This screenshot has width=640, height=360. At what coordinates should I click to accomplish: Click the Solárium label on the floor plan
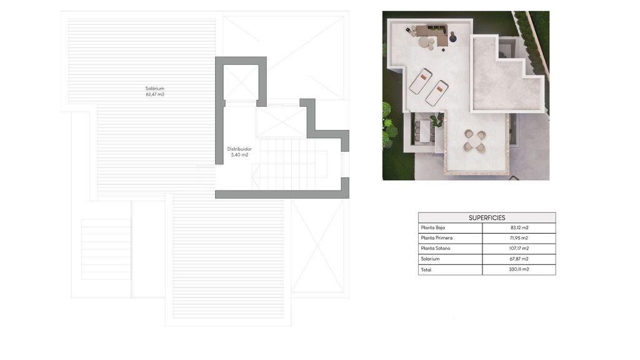coord(155,89)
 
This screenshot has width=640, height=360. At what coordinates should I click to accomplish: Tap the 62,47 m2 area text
coord(155,94)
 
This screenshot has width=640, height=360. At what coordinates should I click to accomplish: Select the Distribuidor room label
coord(239,149)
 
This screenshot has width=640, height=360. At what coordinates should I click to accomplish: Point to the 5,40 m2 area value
coord(239,155)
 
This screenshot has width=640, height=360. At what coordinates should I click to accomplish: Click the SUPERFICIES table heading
coord(487,218)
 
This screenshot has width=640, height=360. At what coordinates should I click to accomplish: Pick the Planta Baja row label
coord(433,227)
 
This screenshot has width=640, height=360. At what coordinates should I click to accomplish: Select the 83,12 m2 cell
coord(519,227)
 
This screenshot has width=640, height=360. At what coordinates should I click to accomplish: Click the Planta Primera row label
coord(437,238)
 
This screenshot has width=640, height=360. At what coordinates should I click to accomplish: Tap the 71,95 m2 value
coord(519,238)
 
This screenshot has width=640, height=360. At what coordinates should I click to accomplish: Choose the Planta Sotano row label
coord(436,248)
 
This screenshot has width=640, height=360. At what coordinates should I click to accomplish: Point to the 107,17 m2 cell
coord(519,248)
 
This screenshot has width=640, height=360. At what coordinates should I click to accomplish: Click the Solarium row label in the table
coord(430,259)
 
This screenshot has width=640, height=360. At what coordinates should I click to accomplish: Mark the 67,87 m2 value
coord(519,259)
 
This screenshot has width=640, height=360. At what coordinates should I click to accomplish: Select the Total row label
coord(426,269)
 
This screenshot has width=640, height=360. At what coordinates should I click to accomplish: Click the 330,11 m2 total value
coord(519,269)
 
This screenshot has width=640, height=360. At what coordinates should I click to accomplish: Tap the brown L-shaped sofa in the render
coord(434,32)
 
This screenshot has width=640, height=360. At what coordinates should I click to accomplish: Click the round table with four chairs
coord(475,141)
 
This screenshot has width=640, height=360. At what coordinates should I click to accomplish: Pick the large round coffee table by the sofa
coord(424,42)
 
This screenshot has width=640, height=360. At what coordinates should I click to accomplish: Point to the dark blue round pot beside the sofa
coord(452,38)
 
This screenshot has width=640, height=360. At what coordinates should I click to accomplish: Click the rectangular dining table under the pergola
coord(425,131)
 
